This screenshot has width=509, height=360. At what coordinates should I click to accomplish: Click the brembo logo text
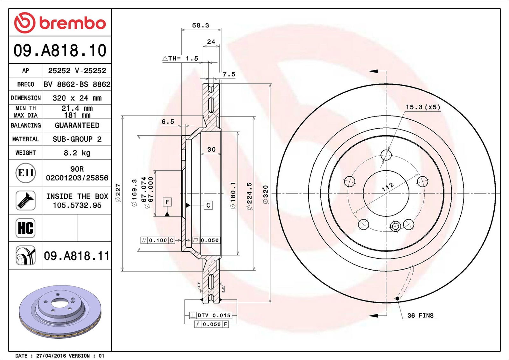coord(72,23)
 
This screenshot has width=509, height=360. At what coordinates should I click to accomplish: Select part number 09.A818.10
coord(60,51)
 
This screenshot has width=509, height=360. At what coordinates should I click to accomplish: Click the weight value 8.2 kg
coord(77,153)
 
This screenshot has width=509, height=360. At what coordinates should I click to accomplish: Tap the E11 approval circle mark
coord(25,173)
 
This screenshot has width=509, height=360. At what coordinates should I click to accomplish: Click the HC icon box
coord(25,228)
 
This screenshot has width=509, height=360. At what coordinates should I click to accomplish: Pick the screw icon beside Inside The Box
coord(25,200)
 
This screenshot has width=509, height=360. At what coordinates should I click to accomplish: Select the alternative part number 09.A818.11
coord(76,256)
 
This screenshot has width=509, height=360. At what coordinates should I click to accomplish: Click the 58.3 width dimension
coord(200,25)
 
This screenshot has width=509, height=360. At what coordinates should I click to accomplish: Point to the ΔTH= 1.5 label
coord(180,59)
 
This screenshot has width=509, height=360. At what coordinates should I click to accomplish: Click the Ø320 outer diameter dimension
coord(266,194)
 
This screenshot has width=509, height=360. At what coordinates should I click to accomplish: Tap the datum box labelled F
coord(167,202)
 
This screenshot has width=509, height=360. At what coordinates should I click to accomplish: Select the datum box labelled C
coord(208,205)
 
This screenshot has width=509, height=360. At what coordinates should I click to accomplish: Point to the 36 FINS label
coord(420,315)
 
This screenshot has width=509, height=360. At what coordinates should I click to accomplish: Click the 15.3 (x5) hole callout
coord(423,107)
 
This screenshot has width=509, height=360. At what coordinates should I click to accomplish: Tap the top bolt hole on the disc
coord(386,155)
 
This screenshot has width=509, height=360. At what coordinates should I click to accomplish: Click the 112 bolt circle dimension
coord(387,187)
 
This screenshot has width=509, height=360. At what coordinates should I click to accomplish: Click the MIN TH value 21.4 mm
coord(77,108)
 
